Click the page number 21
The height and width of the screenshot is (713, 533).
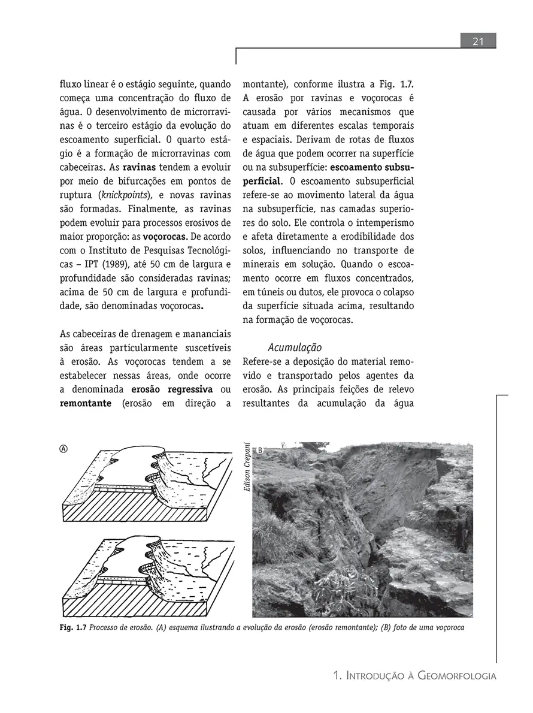point(478,41)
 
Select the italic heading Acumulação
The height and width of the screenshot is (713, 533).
point(295,348)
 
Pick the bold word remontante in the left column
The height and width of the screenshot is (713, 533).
point(85,403)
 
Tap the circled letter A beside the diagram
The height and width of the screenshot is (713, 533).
point(63,449)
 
